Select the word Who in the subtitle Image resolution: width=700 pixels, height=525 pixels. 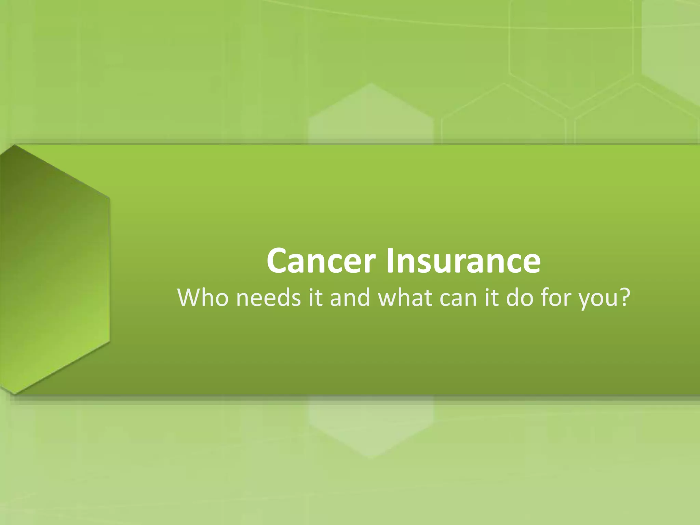203,297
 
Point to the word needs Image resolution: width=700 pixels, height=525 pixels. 268,297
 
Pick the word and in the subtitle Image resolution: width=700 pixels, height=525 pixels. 350,297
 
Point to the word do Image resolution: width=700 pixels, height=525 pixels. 519,297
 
